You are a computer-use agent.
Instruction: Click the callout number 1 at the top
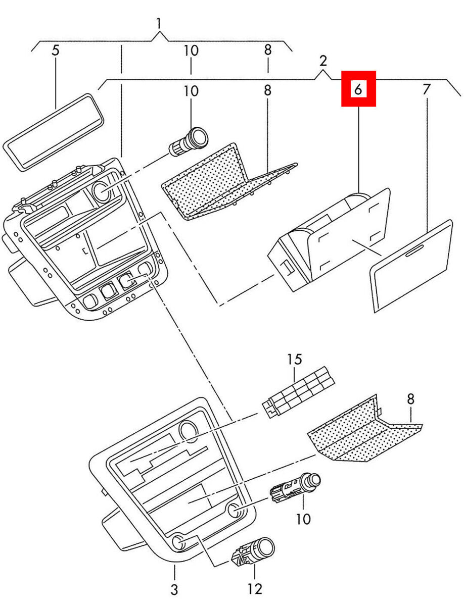(x=159, y=24)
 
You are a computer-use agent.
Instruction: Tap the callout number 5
(x=56, y=50)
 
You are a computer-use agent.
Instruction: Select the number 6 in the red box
(x=358, y=89)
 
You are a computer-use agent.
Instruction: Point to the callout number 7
(x=427, y=89)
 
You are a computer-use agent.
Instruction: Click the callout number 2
(x=323, y=61)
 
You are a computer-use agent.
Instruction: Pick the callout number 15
(x=295, y=359)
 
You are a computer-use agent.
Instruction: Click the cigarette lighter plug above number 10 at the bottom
(x=295, y=489)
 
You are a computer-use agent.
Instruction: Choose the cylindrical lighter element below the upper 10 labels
(x=189, y=141)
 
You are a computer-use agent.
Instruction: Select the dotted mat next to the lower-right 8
(x=365, y=430)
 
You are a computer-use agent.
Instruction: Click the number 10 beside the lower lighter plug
(x=303, y=519)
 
